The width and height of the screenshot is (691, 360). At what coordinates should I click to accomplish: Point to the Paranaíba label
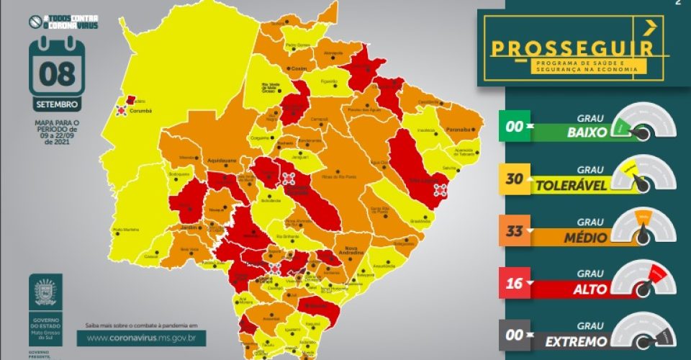(459, 130)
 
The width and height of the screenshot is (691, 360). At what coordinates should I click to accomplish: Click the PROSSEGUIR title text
(572, 48)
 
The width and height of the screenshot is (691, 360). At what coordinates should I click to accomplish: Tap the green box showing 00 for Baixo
(514, 127)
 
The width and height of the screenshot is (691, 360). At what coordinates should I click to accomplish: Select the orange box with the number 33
(514, 231)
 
